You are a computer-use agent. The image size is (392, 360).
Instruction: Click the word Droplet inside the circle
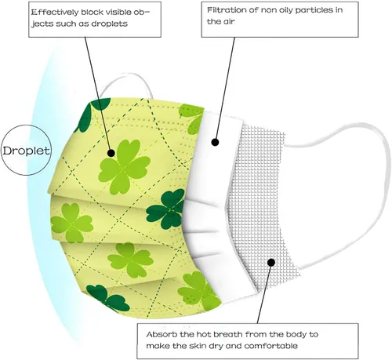(x=26, y=151)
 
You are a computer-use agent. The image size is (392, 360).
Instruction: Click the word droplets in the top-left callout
(x=109, y=24)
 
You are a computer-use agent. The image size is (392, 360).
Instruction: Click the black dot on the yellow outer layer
(x=111, y=153)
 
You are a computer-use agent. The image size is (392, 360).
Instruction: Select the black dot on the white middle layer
(x=215, y=142)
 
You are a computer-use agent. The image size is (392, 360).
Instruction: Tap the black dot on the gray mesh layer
(x=271, y=262)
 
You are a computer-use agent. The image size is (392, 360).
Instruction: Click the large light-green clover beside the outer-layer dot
(x=125, y=167)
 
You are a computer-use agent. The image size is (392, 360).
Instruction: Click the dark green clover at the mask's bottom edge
(x=107, y=298)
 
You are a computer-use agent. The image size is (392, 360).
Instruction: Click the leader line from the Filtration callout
(x=225, y=89)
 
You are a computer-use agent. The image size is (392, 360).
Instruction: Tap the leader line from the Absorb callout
(x=264, y=293)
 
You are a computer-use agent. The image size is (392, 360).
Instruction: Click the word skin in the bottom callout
(x=198, y=346)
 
